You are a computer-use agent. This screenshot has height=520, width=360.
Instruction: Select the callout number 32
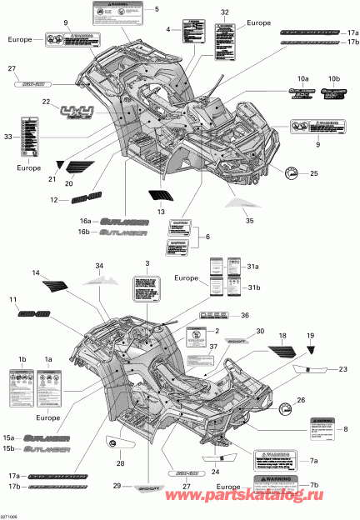tap(224, 12)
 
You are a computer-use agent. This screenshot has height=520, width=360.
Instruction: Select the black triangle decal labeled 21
tap(60, 165)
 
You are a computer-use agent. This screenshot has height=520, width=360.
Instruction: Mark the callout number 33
tap(9, 136)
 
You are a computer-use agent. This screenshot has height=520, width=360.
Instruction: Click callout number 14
tap(36, 273)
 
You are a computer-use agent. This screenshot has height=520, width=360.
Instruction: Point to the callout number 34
tap(99, 266)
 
